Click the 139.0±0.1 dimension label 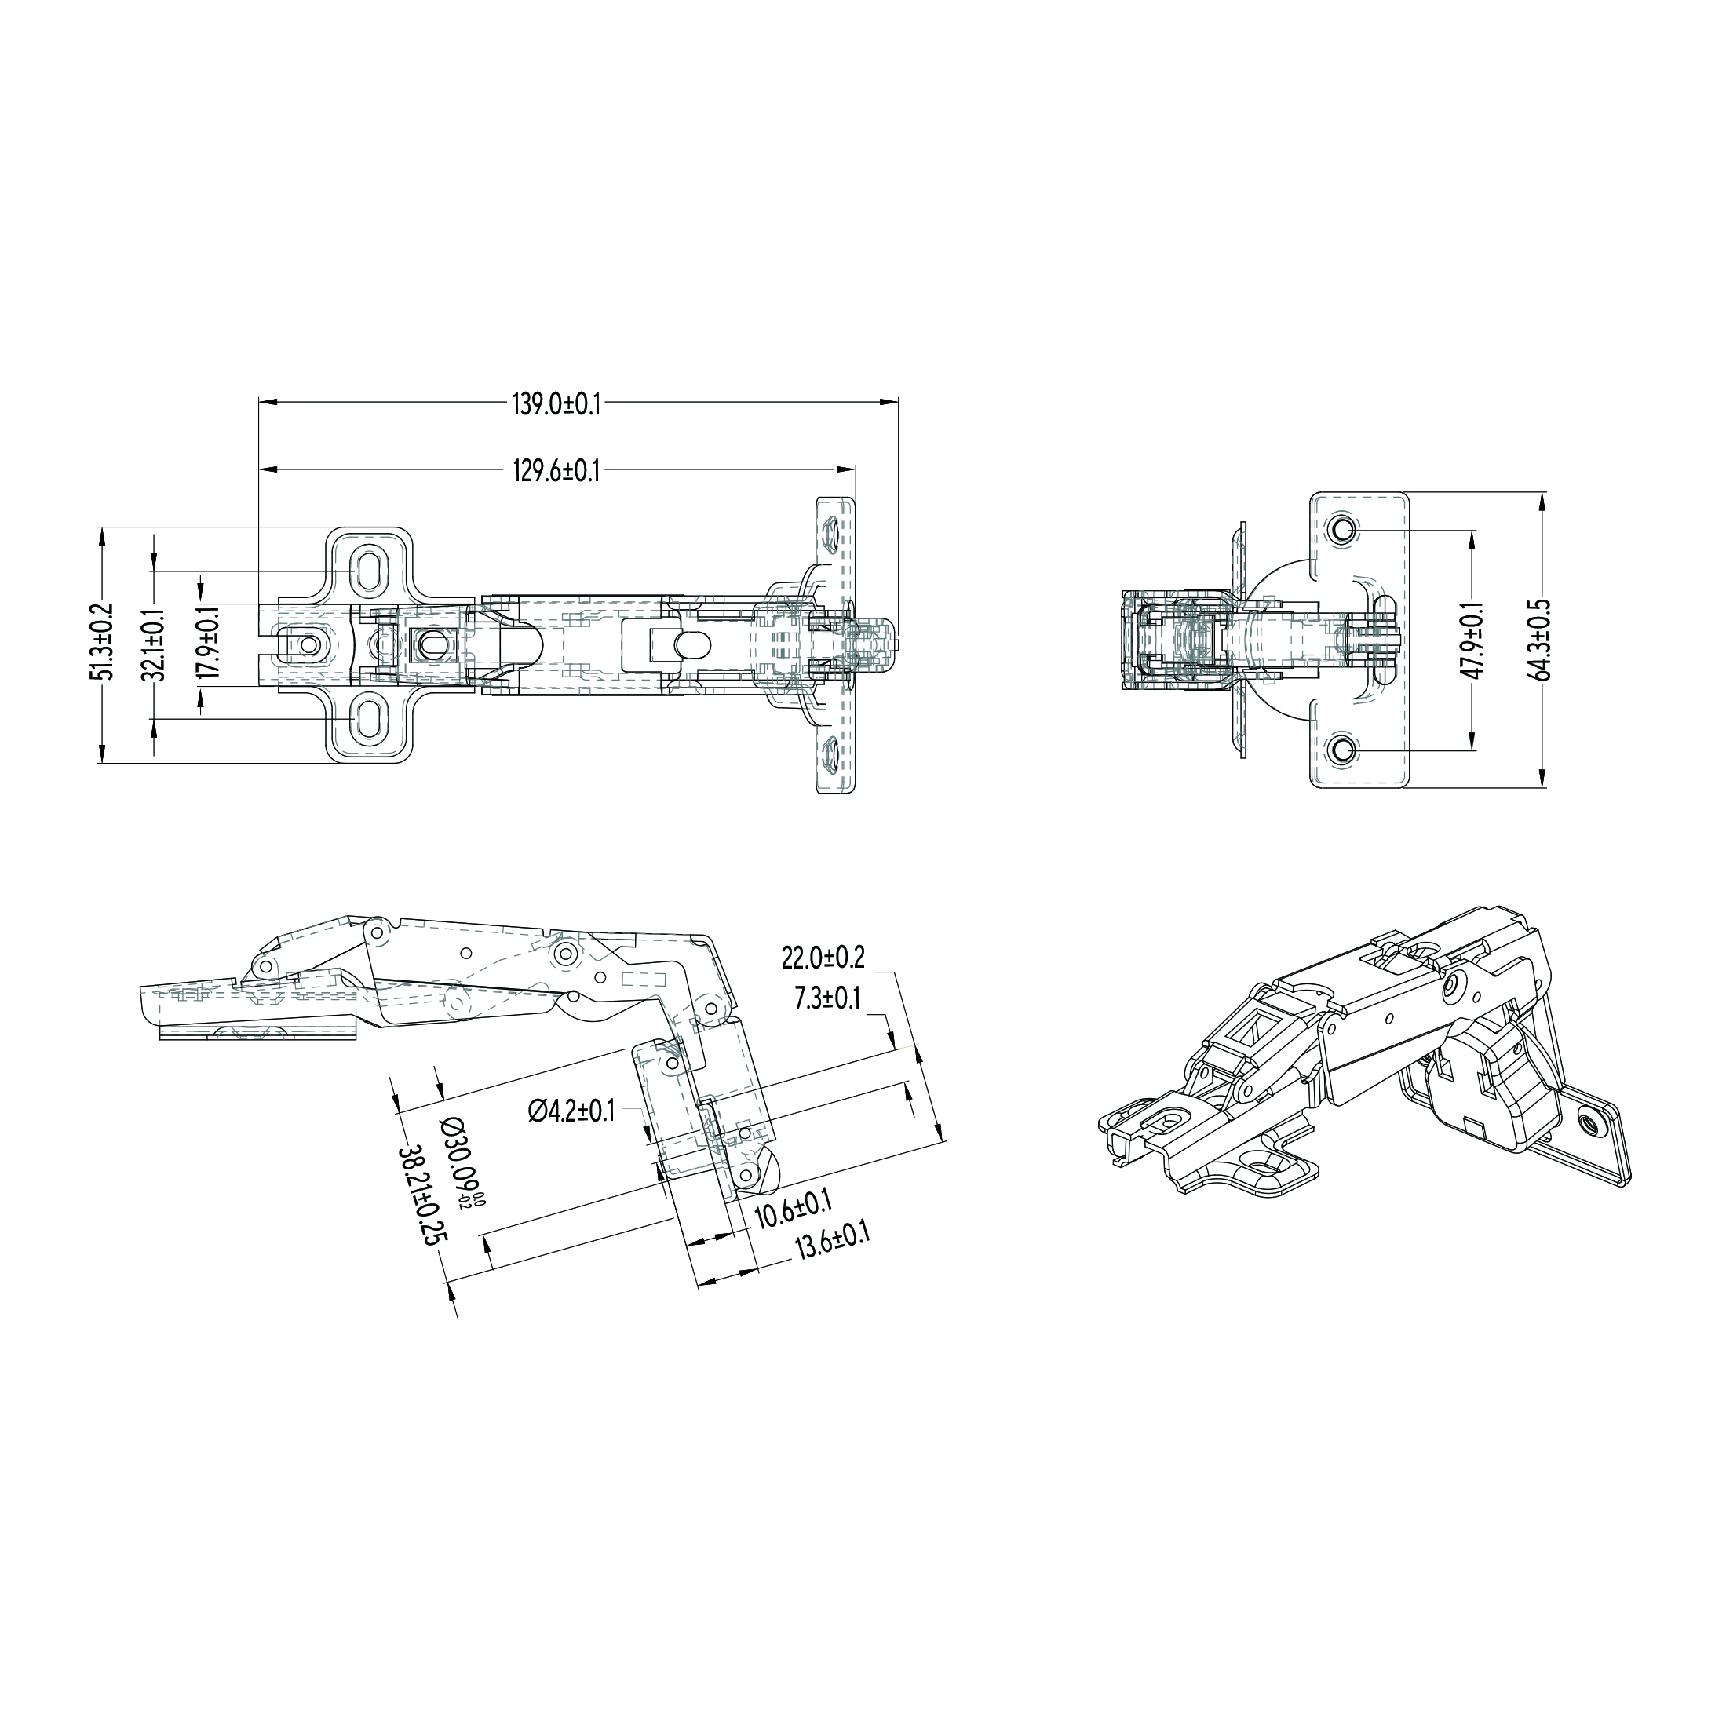click(x=556, y=405)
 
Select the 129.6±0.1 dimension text click(x=556, y=470)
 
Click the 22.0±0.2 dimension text click(x=823, y=958)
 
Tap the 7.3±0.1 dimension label click(x=827, y=998)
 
